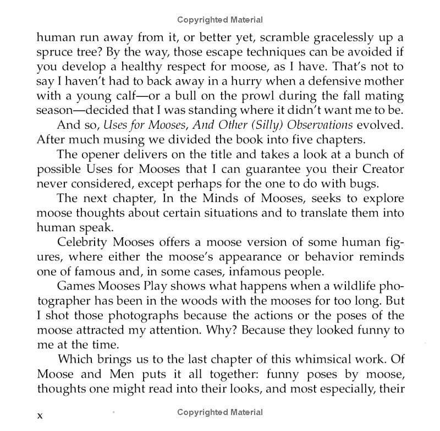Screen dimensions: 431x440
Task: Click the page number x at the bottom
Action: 40,414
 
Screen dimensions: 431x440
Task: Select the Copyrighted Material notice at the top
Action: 220,20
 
